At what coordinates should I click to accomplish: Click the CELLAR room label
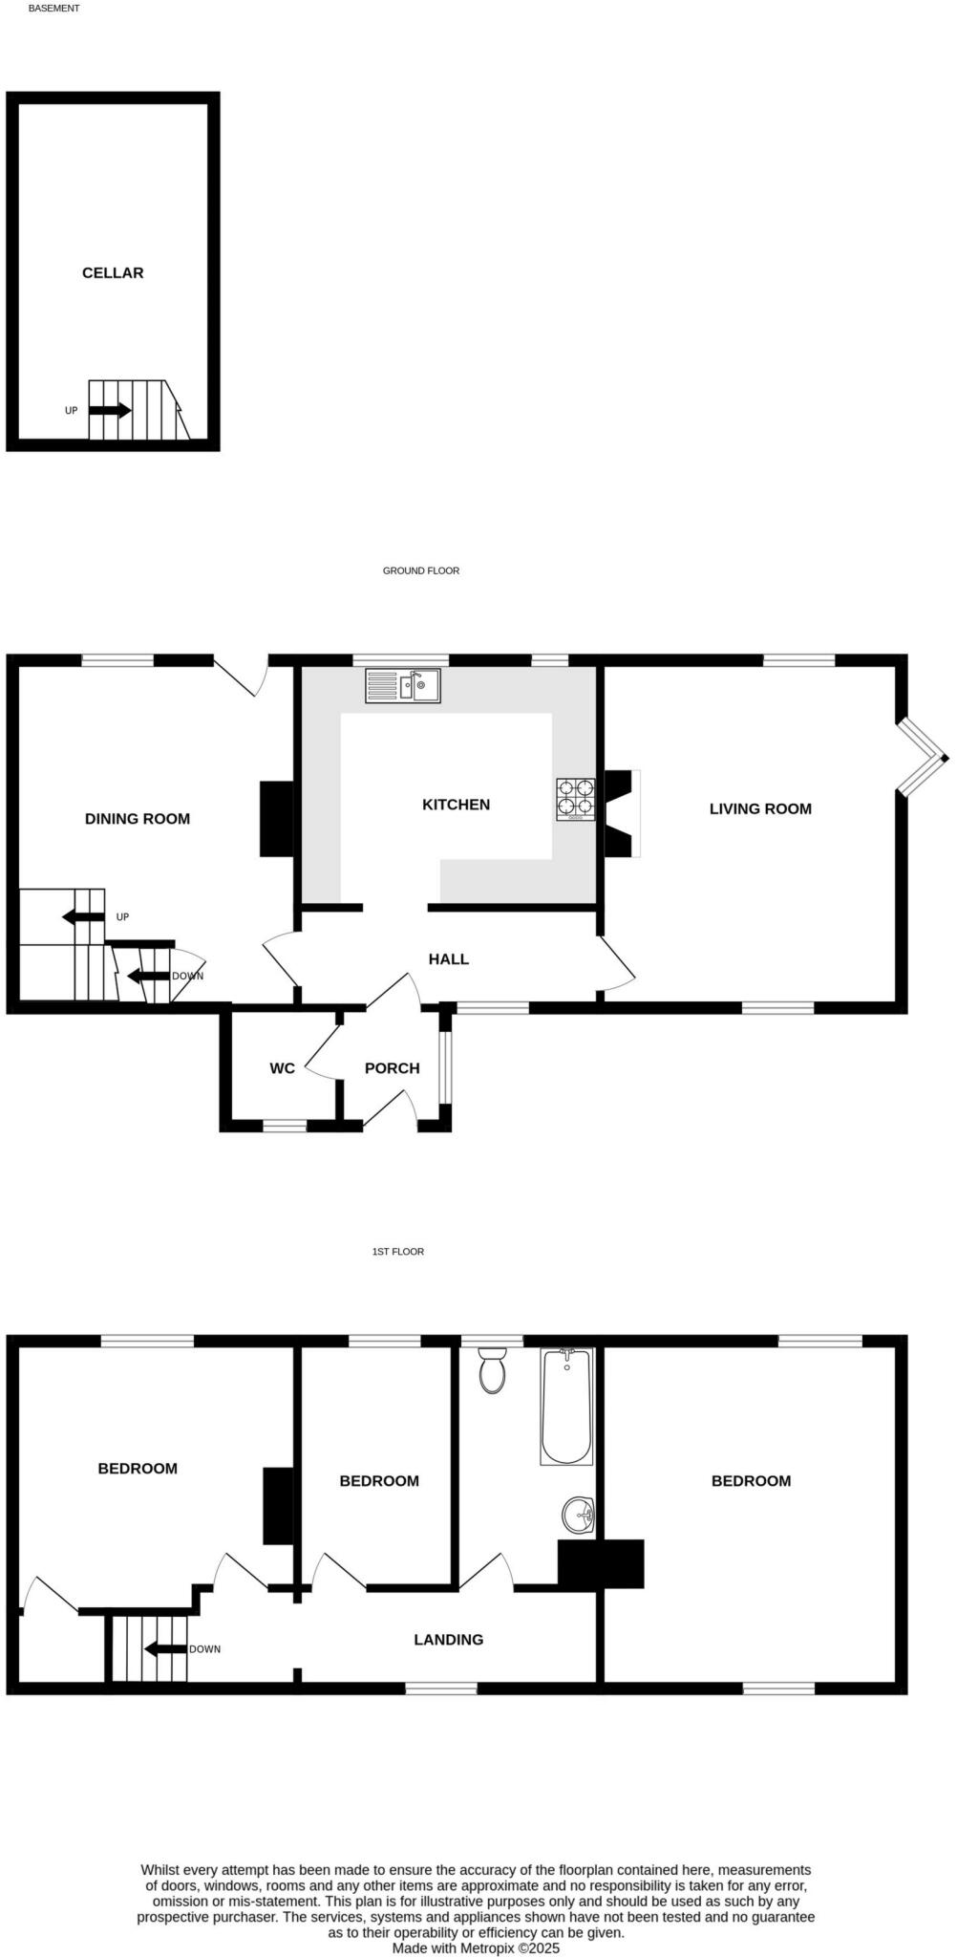[x=113, y=273]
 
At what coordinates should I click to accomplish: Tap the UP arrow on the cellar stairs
[x=110, y=410]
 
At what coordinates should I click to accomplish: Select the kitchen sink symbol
[x=403, y=686]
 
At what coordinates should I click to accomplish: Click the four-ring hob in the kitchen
[x=576, y=799]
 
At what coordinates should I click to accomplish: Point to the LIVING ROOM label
[x=760, y=808]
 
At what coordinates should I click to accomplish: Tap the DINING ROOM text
[x=138, y=819]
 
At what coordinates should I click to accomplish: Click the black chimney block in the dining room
[x=276, y=819]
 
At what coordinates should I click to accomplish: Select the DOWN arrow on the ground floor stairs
[x=148, y=976]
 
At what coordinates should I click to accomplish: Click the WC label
[x=282, y=1068]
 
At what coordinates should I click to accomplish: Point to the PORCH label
[x=392, y=1068]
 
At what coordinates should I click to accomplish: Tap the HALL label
[x=448, y=959]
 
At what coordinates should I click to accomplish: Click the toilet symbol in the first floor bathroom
[x=493, y=1370]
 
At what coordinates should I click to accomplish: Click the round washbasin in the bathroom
[x=579, y=1515]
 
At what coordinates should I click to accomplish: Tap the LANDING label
[x=448, y=1640]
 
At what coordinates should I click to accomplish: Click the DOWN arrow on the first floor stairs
[x=164, y=1648]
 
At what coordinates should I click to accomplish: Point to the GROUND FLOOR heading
[x=421, y=570]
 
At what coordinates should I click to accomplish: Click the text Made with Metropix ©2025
[x=476, y=1947]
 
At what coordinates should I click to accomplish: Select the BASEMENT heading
[x=54, y=8]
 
